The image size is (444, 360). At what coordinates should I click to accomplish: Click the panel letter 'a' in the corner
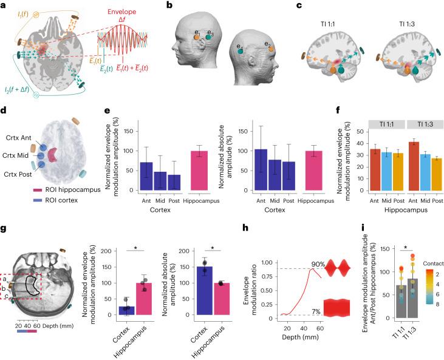(x=4, y=5)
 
